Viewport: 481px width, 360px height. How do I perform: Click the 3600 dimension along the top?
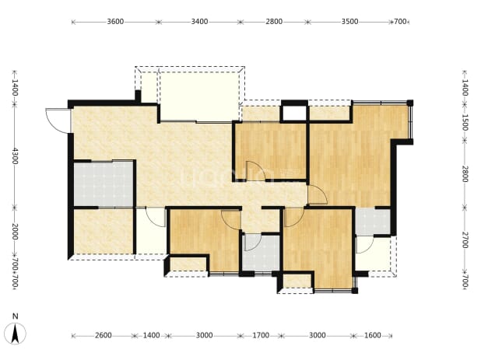pos(115,22)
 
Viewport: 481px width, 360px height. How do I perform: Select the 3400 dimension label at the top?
pos(199,22)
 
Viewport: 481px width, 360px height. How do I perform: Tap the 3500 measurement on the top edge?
pos(350,22)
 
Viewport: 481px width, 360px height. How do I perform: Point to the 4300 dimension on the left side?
pos(15,156)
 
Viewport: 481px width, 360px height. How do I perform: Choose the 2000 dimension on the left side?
pos(15,232)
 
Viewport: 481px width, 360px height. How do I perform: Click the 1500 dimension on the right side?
pos(465,123)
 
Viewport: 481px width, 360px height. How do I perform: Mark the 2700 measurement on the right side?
pos(465,240)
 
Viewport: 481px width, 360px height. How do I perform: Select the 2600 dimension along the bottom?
pos(104,335)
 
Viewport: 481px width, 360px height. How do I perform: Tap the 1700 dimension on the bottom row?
pos(261,335)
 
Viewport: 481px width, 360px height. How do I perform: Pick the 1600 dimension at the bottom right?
pos(372,335)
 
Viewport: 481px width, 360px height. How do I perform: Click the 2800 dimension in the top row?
pos(274,22)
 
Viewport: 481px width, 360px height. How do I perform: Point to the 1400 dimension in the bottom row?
pos(152,335)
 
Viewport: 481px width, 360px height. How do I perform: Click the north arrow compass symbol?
pos(15,334)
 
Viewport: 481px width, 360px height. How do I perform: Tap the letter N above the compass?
pos(15,316)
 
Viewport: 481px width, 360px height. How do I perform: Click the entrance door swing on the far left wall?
pos(58,121)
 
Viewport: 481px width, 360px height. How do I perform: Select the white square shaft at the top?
pos(294,113)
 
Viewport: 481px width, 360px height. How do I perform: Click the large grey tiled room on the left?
pos(104,184)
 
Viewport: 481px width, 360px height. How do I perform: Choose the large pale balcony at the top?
pos(200,96)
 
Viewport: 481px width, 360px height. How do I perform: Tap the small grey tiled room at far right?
pos(373,221)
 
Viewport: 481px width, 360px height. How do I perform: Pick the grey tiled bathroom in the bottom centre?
pos(262,253)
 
